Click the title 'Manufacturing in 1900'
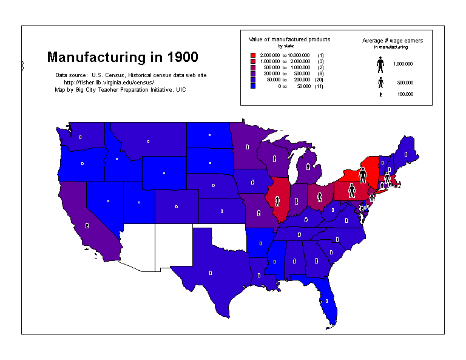click(122, 58)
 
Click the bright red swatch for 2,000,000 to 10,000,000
click(253, 55)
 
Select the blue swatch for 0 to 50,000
click(253, 87)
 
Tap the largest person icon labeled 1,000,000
click(380, 64)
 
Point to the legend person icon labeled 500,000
click(380, 82)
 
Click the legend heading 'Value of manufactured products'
click(289, 39)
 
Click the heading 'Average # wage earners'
click(392, 40)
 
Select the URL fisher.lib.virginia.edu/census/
click(109, 82)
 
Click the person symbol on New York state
click(362, 176)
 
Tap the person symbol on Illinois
click(277, 200)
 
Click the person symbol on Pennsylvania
click(351, 191)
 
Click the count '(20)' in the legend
click(320, 80)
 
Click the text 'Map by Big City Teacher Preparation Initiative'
click(120, 89)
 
